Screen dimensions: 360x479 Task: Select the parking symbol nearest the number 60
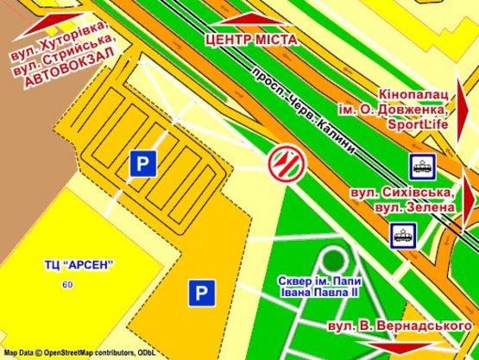200,294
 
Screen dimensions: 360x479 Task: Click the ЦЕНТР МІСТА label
250,39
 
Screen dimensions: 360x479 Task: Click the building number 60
67,285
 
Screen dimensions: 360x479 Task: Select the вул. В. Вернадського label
401,326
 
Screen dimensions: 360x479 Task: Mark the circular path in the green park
331,259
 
